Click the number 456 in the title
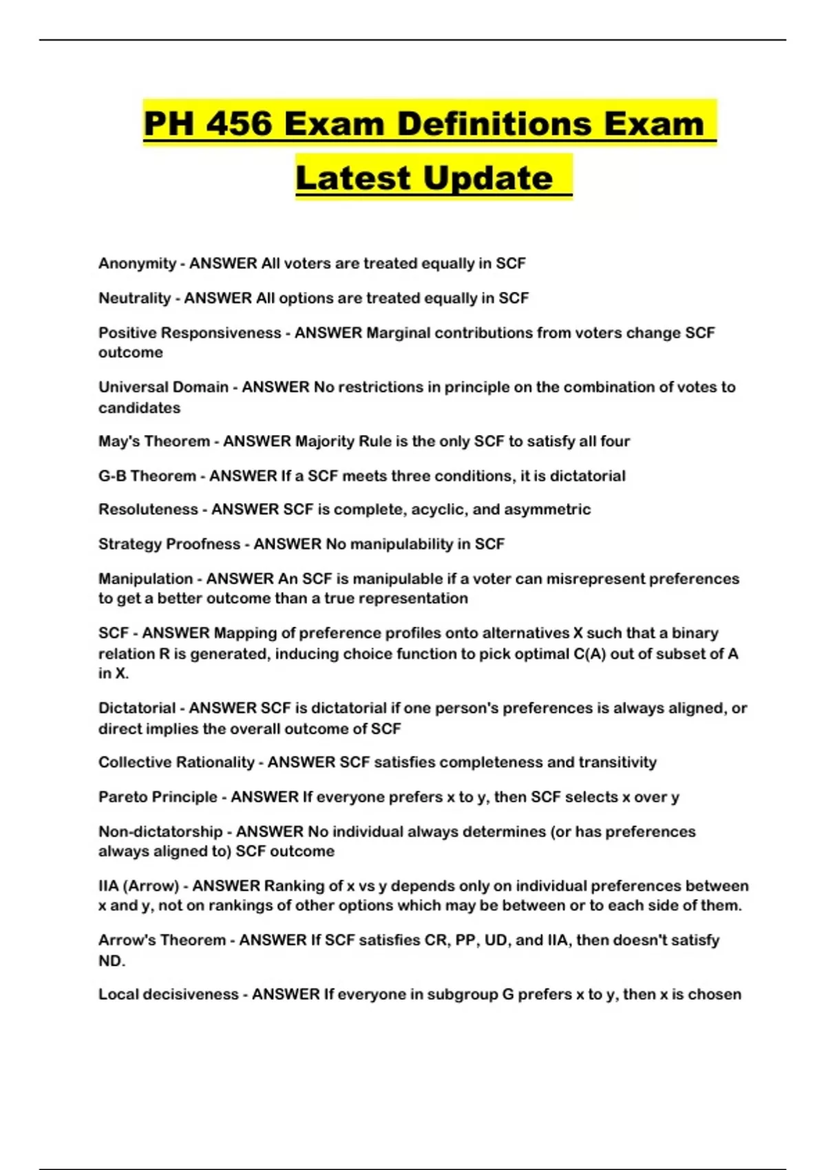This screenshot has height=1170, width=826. [239, 124]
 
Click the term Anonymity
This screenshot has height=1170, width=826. [137, 264]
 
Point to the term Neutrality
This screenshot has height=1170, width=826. [134, 298]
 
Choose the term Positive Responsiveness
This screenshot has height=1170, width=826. [189, 333]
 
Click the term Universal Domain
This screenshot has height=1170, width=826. [163, 387]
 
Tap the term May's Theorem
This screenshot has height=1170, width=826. [153, 441]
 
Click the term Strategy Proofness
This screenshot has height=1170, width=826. [169, 544]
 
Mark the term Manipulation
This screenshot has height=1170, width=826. [145, 579]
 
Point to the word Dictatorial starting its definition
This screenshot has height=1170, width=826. [137, 708]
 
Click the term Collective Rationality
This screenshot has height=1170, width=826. [176, 763]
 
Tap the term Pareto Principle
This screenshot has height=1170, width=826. [158, 797]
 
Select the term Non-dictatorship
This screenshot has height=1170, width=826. [160, 831]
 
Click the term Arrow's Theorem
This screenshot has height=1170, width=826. [162, 940]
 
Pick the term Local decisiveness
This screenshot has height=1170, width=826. [168, 994]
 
